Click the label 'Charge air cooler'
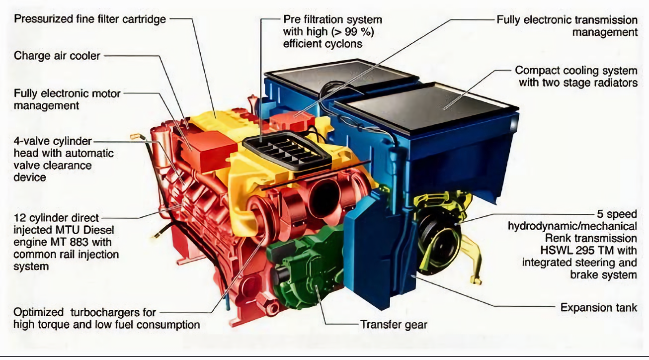[x=57, y=56]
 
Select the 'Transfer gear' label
[x=394, y=325]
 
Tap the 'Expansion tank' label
[x=599, y=307]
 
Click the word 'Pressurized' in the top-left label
[x=40, y=19]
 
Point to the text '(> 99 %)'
[x=352, y=32]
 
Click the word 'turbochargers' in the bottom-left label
[x=113, y=312]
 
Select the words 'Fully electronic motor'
[x=67, y=93]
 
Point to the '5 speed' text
[x=617, y=214]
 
